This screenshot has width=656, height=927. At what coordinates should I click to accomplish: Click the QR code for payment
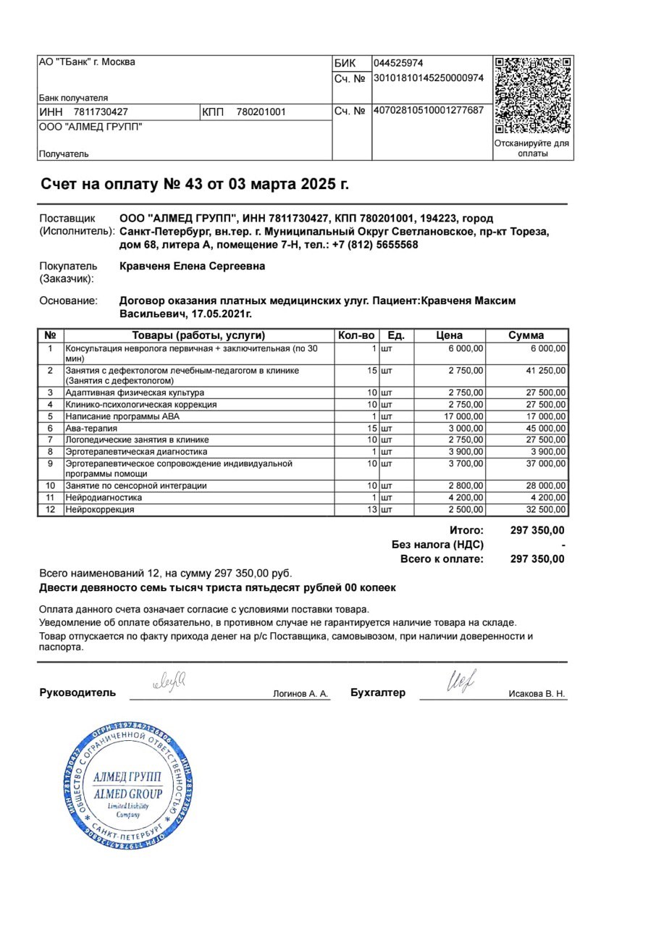coord(533,96)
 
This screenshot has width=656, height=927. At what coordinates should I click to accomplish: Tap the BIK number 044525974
coord(398,63)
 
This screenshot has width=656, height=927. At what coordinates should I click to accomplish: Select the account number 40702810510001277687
coord(428,111)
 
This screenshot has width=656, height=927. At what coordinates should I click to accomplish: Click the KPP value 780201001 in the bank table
coord(261,112)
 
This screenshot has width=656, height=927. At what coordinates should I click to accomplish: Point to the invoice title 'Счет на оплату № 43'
coord(194,184)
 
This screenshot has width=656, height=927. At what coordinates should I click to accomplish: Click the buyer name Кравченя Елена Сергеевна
coord(192,267)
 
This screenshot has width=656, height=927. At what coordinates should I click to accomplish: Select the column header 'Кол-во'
coord(356,335)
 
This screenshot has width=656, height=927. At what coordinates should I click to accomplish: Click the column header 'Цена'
coord(450,335)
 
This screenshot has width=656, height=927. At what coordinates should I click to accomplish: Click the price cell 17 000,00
coord(463,416)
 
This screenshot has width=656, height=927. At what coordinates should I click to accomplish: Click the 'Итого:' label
coord(466,531)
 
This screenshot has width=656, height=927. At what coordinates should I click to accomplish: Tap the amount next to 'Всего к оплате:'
coord(537,559)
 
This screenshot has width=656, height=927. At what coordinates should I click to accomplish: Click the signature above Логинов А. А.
coord(169,681)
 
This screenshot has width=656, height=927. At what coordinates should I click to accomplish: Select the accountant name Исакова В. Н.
coord(537,694)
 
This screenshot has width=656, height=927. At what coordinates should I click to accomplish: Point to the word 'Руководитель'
coord(77,692)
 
